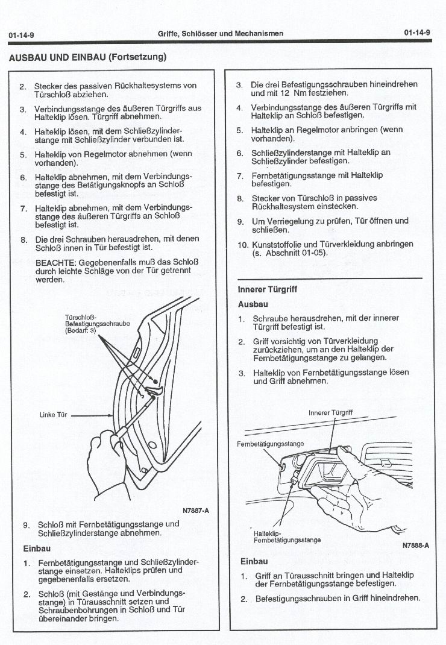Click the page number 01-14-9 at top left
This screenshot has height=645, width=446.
coord(22,35)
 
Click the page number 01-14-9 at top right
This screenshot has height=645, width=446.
coord(417,33)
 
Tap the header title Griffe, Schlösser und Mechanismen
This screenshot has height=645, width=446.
coord(221,34)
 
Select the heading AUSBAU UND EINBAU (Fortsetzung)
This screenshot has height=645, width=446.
coord(87,58)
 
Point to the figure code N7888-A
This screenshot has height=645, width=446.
coord(415,546)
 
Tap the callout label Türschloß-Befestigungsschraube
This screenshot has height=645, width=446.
coord(97,324)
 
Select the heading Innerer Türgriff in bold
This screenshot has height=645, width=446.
coord(268,289)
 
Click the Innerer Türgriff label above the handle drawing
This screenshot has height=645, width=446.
coord(330,413)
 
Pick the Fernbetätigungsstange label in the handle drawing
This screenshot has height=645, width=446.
coord(271,444)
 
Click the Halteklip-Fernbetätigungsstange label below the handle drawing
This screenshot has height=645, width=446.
coord(287,536)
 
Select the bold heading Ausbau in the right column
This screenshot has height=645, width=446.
coord(253,304)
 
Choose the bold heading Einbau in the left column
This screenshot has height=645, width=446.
coord(36,549)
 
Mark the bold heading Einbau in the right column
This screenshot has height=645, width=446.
coord(253,561)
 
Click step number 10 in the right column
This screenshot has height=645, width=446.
coord(242,244)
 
